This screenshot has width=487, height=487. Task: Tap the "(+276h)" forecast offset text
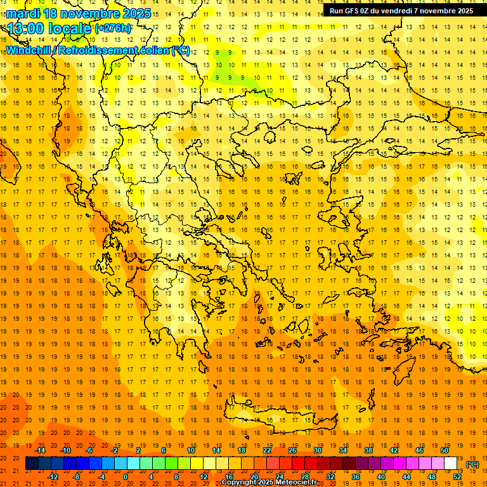click(114, 28)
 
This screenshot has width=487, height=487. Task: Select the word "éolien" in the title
click(150, 50)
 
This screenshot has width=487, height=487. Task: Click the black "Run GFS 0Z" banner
click(401, 10)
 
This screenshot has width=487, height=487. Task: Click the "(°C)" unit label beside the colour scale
click(472, 464)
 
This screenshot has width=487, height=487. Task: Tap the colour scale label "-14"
click(41, 450)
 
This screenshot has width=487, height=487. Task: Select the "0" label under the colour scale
click(126, 476)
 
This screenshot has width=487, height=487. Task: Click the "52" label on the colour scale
click(457, 476)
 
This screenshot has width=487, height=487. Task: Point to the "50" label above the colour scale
click(445, 450)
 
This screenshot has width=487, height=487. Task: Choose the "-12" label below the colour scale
click(53, 476)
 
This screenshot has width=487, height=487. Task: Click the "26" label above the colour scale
click(292, 450)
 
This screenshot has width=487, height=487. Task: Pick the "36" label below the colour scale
click(356, 476)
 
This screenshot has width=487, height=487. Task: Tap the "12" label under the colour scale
click(204, 476)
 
